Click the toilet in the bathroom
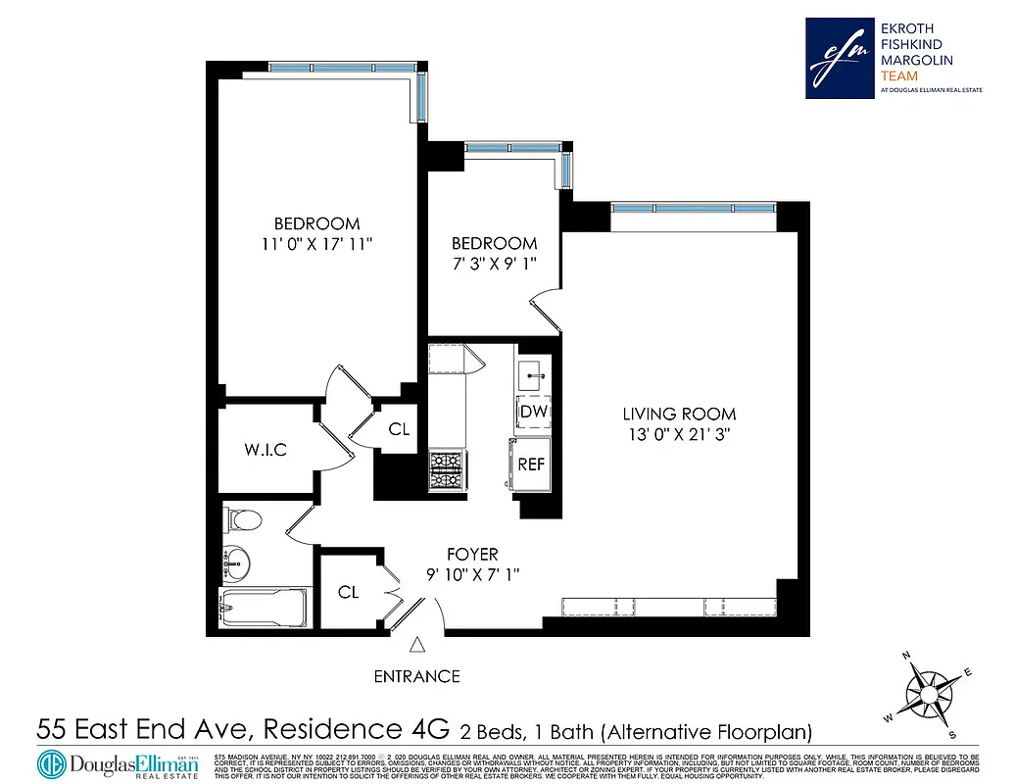click(243, 519)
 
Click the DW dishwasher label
click(533, 412)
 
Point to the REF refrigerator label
click(531, 464)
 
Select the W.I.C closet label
click(266, 450)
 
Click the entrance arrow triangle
click(417, 645)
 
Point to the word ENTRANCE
click(416, 676)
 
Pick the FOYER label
click(470, 555)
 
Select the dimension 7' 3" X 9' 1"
click(494, 262)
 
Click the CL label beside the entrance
click(348, 592)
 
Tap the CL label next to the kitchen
click(399, 429)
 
